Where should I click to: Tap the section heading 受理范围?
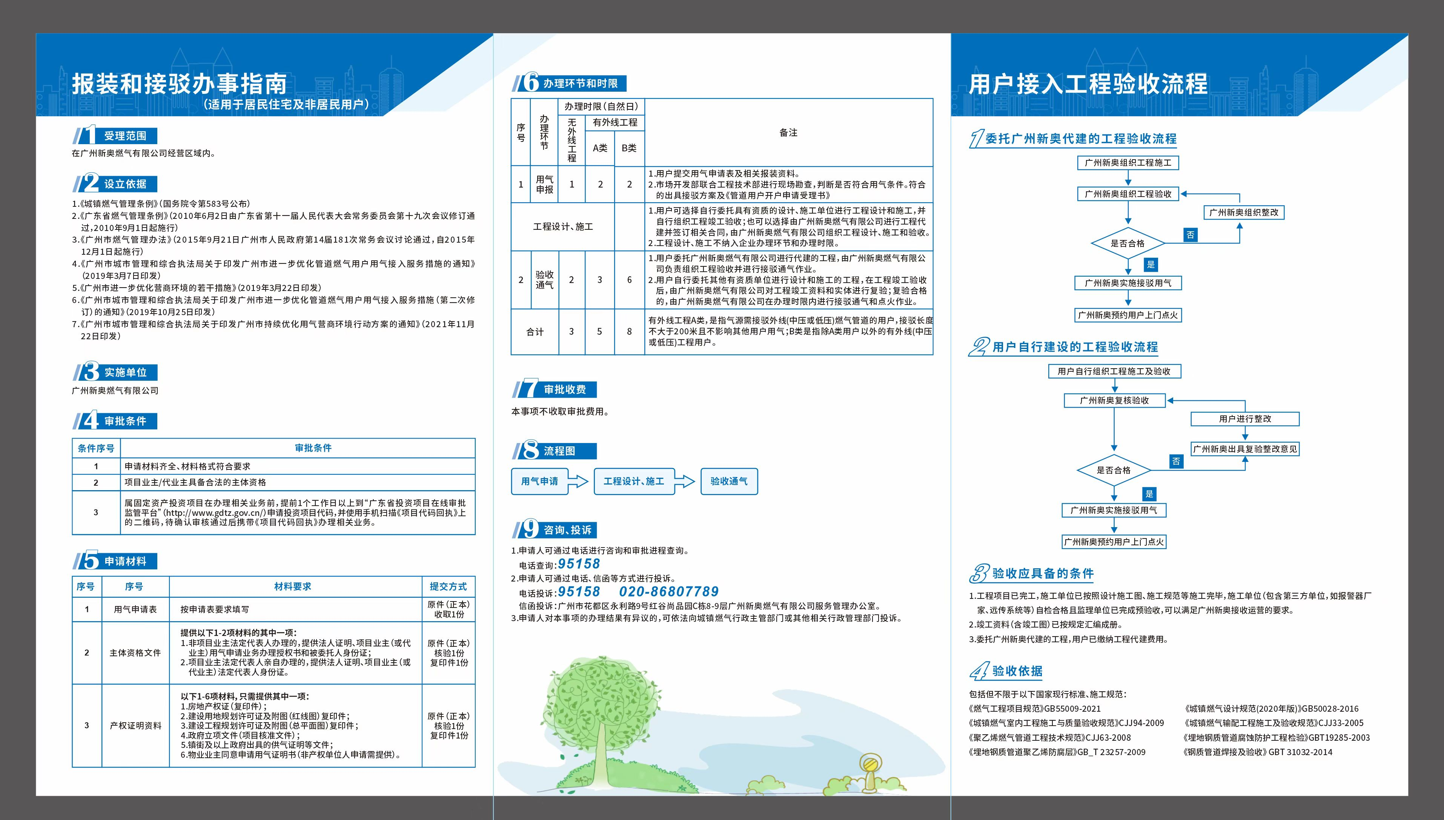124,136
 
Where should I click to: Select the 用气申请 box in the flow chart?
539,482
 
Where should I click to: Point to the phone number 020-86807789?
669,591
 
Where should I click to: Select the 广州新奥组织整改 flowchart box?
1244,212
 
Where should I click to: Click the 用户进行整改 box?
1245,419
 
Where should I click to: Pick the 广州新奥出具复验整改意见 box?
1245,449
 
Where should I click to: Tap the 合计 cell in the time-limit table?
535,332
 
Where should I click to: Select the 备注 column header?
788,132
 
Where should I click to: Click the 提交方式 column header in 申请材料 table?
448,586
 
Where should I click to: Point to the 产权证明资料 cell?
135,725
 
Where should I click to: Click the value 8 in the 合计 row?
630,332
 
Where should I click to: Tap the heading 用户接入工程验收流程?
1088,85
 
